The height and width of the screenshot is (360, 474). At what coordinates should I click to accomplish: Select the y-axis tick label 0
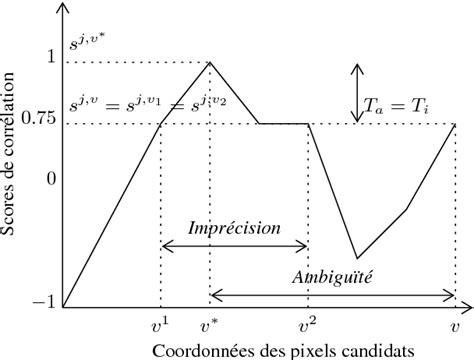(49, 180)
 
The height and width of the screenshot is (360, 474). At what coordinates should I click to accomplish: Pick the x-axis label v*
(210, 324)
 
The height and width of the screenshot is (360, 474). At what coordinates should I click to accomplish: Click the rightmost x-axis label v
(455, 325)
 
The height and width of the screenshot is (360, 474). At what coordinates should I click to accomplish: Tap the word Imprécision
(235, 228)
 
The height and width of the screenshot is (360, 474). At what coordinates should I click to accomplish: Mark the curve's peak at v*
(210, 62)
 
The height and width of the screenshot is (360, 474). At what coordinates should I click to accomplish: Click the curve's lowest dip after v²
(357, 258)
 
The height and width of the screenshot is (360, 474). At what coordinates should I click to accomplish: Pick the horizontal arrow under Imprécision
(234, 246)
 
